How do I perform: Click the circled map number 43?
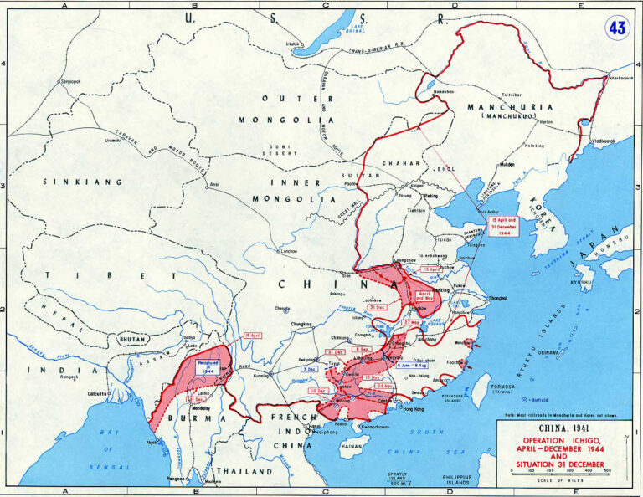tap(617, 28)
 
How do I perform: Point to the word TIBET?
tap(80, 274)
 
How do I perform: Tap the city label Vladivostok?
tap(597, 141)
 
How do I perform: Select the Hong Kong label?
tap(413, 408)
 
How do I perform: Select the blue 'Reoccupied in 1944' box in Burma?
tap(209, 366)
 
